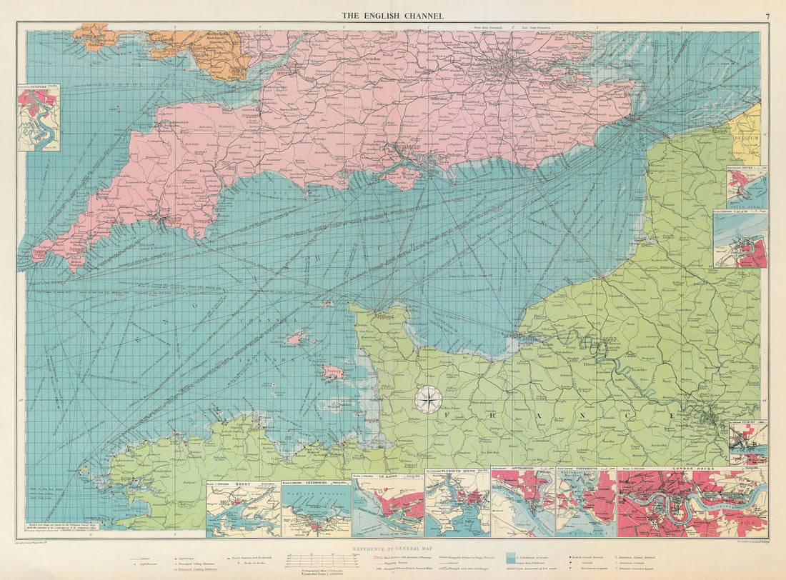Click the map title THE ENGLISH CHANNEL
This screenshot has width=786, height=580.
tap(392, 16)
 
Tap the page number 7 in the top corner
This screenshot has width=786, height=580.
tap(767, 16)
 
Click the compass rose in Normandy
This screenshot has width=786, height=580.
tap(427, 400)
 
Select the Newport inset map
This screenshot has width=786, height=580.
tap(39, 119)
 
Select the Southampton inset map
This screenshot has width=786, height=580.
tap(523, 504)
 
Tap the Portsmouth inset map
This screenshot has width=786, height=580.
tap(586, 504)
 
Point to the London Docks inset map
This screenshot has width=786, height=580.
tap(692, 504)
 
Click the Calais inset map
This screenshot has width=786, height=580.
tap(741, 239)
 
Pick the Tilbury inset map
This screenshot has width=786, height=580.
tap(748, 443)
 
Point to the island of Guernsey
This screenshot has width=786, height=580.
tap(295, 338)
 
